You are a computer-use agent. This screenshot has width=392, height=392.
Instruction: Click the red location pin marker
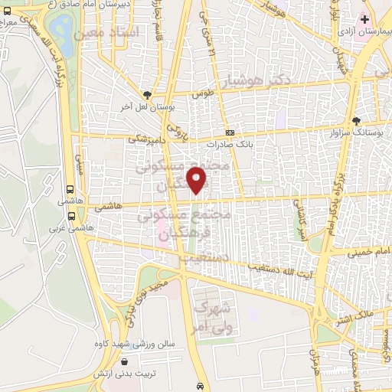click(x=198, y=181)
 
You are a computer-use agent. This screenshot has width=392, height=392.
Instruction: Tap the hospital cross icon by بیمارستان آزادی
click(x=365, y=18)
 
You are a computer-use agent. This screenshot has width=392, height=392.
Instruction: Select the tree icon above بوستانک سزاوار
click(x=355, y=120)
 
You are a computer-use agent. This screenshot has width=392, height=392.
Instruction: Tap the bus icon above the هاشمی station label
click(x=71, y=191)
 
